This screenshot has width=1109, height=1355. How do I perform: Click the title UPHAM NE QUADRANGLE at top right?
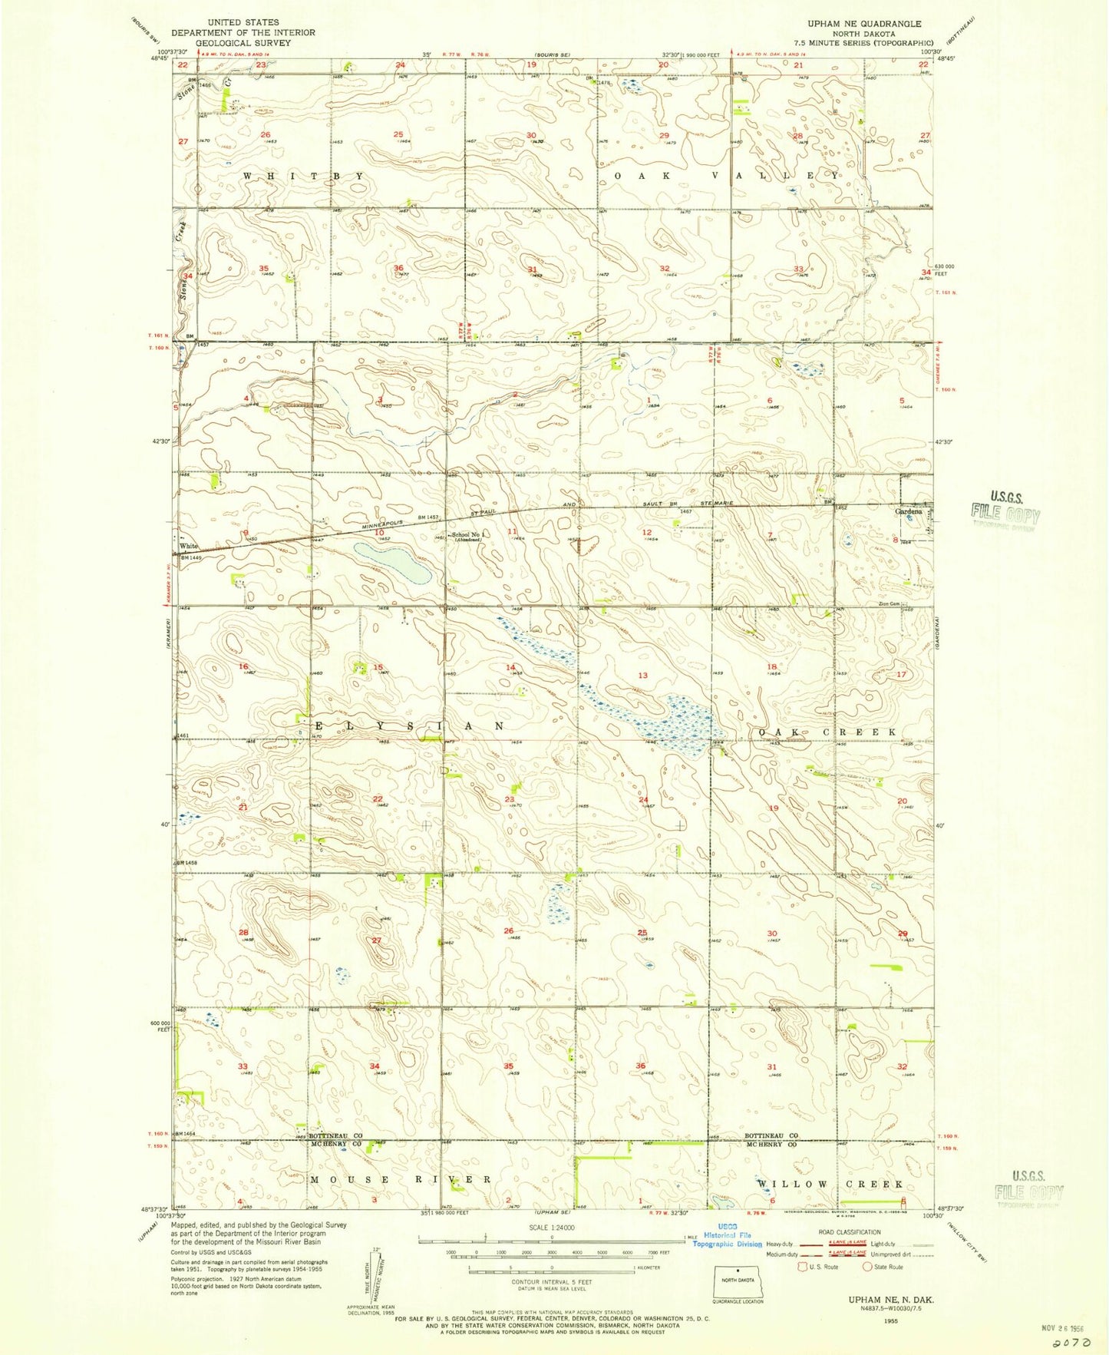click(x=873, y=24)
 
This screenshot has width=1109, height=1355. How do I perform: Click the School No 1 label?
click(x=470, y=535)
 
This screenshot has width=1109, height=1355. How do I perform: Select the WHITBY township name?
click(x=304, y=176)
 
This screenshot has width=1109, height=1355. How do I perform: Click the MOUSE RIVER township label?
click(x=400, y=1178)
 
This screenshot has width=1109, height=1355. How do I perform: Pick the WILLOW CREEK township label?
click(x=830, y=1184)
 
